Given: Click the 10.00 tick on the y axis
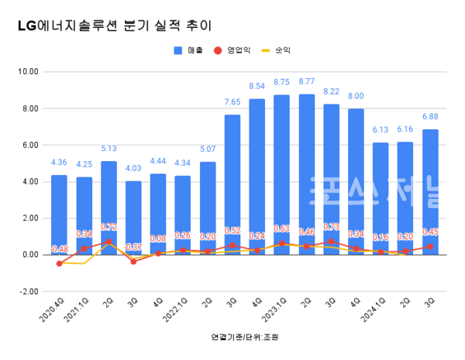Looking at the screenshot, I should [28, 72].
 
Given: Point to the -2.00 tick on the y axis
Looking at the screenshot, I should [28, 291].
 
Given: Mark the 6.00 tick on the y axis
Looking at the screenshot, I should [28, 146].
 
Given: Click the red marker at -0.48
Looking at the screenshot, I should [59, 263].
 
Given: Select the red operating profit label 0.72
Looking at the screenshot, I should [108, 227].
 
